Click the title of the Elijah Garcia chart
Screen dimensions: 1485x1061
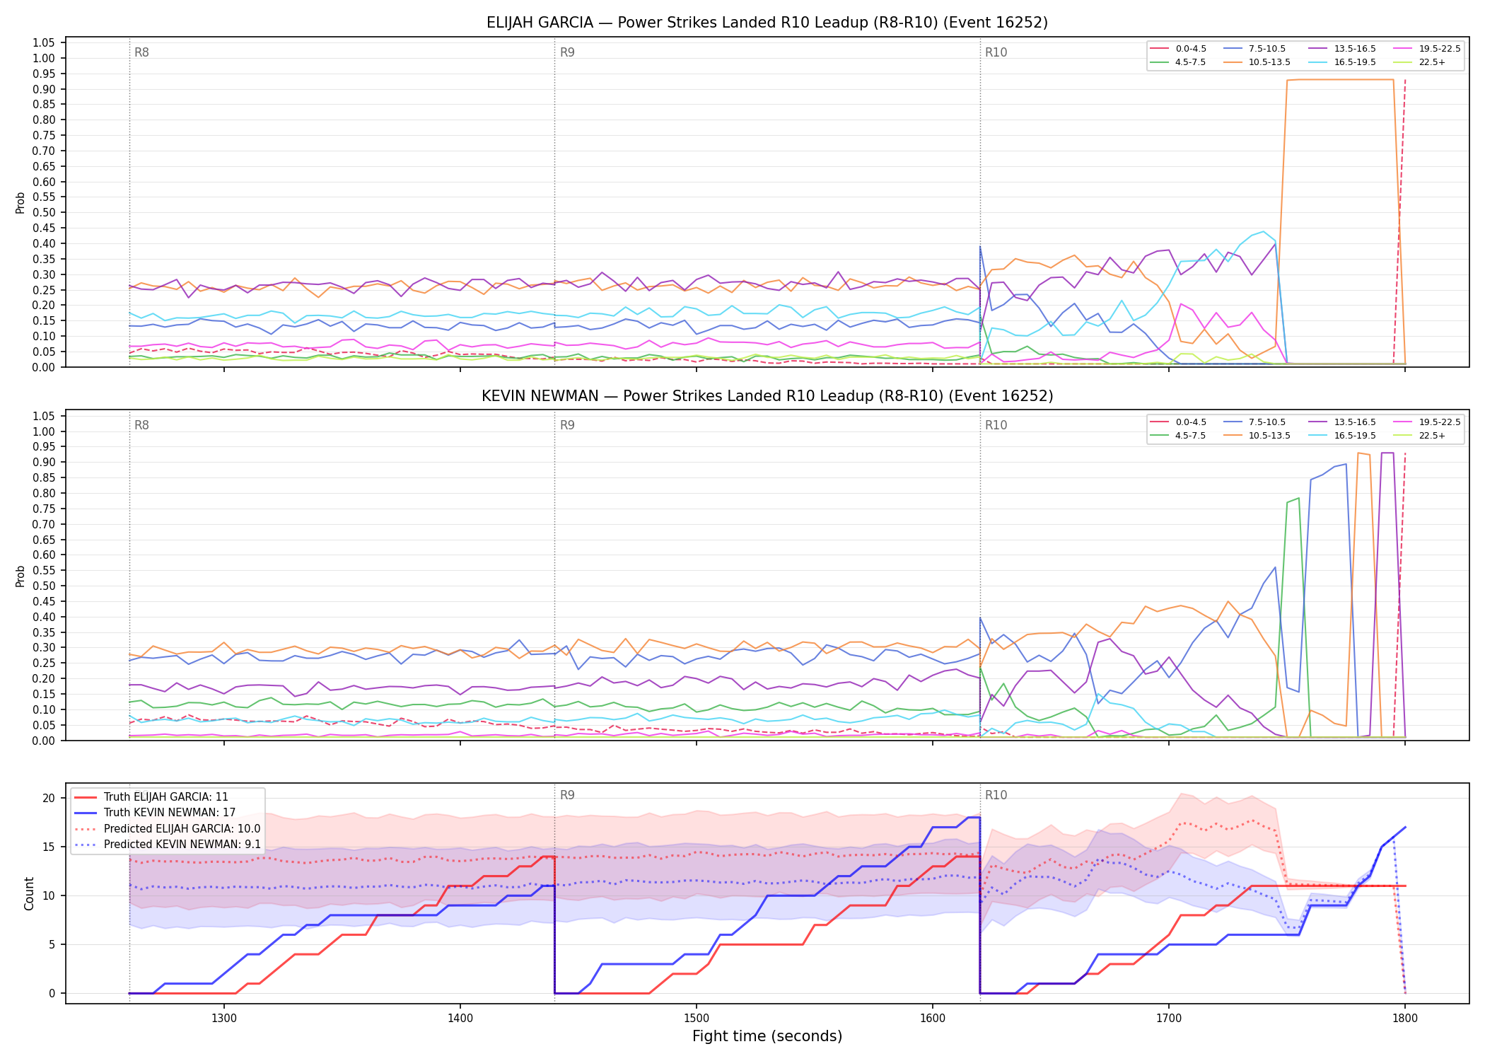[767, 23]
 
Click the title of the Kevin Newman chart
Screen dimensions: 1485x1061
[767, 396]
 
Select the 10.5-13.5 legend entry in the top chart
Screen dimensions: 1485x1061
[1257, 62]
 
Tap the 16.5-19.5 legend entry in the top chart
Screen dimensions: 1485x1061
[1342, 62]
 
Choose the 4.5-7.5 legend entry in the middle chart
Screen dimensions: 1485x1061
[1178, 436]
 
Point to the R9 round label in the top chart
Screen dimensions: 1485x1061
[567, 52]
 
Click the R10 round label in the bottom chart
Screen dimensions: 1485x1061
[996, 795]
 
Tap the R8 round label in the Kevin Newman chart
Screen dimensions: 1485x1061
[141, 425]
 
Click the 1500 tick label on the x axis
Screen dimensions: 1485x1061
[697, 1018]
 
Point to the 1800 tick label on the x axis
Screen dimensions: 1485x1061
[1405, 1018]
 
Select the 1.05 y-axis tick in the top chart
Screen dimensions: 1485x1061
[44, 43]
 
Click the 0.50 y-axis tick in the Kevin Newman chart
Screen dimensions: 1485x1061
[44, 586]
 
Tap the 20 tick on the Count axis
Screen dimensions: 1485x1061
[49, 799]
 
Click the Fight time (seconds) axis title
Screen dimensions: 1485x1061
[767, 1037]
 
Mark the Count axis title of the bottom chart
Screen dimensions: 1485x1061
[29, 893]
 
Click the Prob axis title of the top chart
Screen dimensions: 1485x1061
[21, 202]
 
